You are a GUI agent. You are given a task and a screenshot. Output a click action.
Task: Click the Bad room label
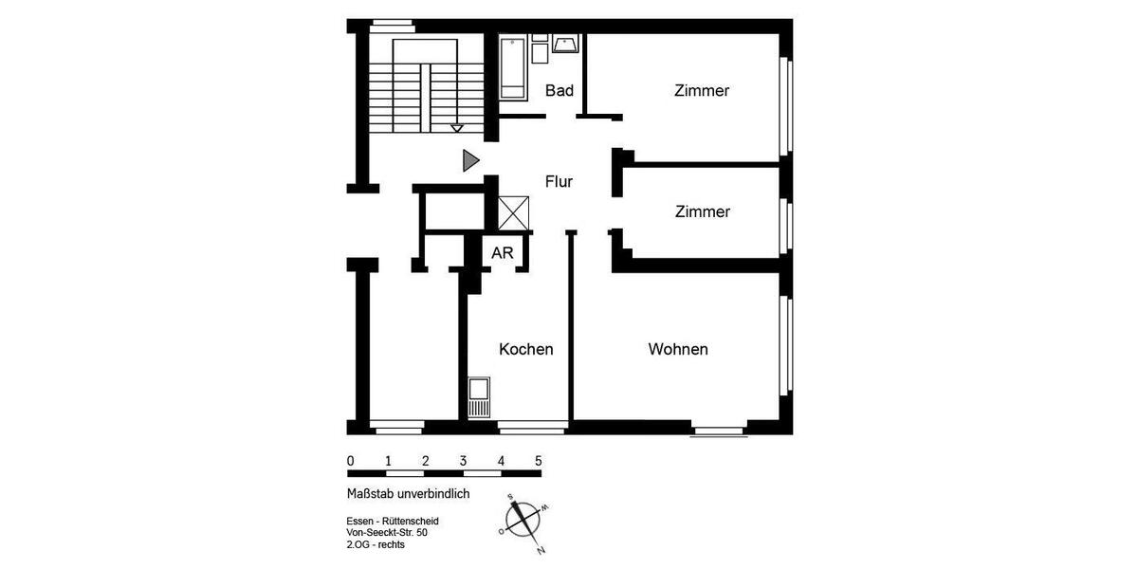coord(560,91)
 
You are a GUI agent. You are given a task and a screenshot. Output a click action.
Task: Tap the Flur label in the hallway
coord(559,181)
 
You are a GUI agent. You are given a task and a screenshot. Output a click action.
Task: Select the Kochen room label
coord(526,349)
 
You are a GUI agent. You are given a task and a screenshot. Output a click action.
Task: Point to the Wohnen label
coord(678,349)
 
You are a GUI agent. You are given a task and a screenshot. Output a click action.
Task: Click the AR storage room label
coord(503,253)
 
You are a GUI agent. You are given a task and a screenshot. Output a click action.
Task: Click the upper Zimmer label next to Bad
coord(702,91)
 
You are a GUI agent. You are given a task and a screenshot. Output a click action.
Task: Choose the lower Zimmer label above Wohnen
coord(703,211)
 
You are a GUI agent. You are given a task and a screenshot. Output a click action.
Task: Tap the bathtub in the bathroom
coord(513,68)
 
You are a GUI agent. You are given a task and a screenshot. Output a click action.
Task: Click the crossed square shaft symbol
coord(513,212)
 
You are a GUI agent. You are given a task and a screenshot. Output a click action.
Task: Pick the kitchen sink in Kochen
coord(480,396)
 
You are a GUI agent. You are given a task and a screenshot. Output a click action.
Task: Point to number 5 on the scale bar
coord(539,461)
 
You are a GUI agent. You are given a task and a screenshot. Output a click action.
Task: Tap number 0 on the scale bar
coord(351,461)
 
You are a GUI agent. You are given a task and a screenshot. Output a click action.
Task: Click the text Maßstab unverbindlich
coord(409,494)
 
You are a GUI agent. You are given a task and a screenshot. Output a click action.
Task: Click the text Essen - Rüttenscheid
coord(393,522)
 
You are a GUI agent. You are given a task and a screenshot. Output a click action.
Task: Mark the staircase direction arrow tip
coord(457,128)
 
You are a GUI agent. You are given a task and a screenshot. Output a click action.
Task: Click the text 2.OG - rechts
coord(376,546)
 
